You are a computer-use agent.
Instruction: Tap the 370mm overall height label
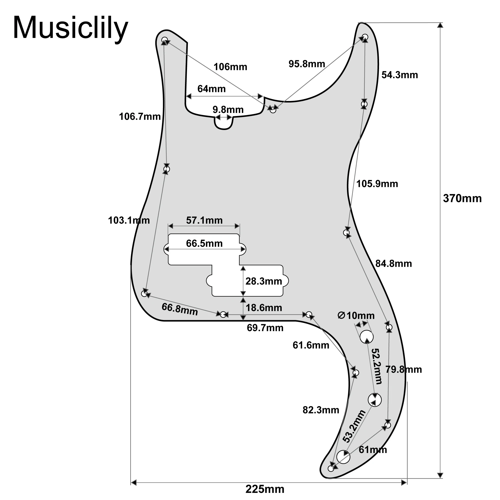(x=462, y=198)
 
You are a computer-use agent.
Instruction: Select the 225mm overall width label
(x=265, y=489)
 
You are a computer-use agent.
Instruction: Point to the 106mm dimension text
(x=230, y=67)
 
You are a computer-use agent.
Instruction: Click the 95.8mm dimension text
(x=307, y=64)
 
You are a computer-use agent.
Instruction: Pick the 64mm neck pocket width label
(x=211, y=89)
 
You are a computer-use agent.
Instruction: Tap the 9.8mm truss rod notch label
(x=228, y=110)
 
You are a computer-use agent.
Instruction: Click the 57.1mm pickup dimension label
(x=204, y=220)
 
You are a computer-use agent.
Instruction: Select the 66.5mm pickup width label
(x=204, y=243)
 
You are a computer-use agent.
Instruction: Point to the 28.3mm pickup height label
(x=263, y=281)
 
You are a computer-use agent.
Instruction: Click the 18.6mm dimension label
(x=264, y=308)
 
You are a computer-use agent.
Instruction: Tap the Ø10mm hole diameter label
(x=356, y=316)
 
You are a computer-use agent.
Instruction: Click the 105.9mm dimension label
(x=377, y=184)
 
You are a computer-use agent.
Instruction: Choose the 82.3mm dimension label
(x=321, y=410)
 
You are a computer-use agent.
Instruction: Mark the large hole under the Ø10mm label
(x=366, y=337)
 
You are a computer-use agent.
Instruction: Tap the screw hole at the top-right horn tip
(x=365, y=37)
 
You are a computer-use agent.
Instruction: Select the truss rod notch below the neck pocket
(x=224, y=124)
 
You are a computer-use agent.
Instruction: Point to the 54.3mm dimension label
(x=399, y=75)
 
